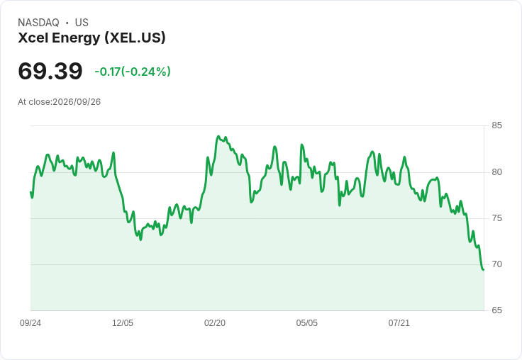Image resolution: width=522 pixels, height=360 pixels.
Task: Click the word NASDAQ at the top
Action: (x=38, y=23)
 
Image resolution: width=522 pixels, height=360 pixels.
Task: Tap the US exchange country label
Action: (x=82, y=23)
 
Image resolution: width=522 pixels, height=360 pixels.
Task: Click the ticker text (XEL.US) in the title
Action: (x=135, y=38)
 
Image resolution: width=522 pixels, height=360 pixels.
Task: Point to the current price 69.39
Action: (x=50, y=71)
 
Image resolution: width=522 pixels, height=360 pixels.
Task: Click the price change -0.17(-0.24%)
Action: (x=133, y=72)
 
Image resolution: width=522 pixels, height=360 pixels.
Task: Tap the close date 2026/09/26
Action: (x=77, y=102)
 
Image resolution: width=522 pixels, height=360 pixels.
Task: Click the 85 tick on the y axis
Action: (x=496, y=125)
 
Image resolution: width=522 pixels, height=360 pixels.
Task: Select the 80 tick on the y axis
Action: (x=496, y=172)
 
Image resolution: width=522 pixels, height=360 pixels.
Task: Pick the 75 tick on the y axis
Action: (x=496, y=218)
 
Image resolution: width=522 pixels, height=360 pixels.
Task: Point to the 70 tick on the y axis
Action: (x=496, y=264)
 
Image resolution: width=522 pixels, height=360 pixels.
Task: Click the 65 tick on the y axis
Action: (x=496, y=310)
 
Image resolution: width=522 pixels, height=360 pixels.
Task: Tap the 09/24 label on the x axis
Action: (x=30, y=323)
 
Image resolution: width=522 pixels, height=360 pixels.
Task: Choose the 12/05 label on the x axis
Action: (x=123, y=323)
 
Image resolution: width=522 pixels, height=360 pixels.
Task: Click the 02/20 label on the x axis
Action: (x=215, y=323)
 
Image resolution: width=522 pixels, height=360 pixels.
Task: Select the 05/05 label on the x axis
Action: (x=307, y=323)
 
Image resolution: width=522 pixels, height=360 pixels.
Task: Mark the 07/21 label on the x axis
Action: (x=399, y=323)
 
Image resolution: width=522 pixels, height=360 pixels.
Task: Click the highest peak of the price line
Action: (x=218, y=136)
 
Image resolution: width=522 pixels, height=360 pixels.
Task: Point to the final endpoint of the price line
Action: (x=484, y=269)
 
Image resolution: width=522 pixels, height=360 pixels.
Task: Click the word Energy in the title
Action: (x=76, y=38)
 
